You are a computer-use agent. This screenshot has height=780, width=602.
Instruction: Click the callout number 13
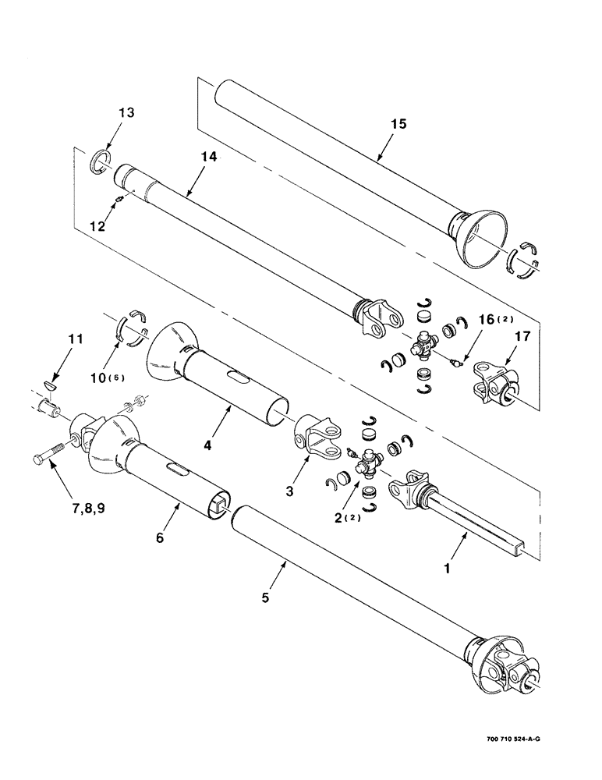coord(126,112)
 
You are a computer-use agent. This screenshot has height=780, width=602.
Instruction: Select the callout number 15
coord(398,123)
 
